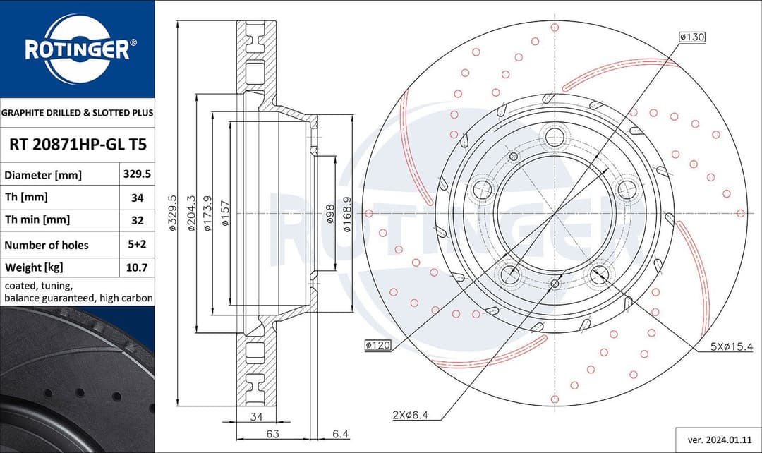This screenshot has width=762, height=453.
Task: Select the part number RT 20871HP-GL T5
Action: [77, 145]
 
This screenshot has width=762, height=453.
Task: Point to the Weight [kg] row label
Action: [35, 267]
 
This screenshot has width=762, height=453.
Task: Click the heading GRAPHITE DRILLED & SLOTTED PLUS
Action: [77, 112]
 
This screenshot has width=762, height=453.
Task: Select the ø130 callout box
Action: [691, 36]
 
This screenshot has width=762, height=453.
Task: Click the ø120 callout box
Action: [378, 345]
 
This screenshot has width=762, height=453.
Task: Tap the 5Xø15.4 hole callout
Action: [732, 346]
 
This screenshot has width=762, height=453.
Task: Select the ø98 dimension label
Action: [329, 214]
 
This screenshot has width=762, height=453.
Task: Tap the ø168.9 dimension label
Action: [347, 214]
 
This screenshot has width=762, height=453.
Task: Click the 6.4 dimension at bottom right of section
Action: [341, 433]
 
